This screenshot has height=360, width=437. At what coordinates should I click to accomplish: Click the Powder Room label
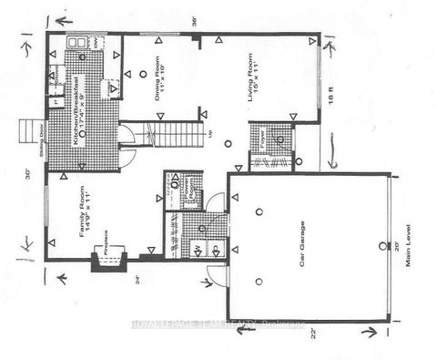[178, 194]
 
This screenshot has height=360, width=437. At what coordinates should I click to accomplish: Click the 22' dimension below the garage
[312, 332]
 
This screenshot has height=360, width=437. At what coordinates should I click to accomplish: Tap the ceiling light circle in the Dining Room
[144, 72]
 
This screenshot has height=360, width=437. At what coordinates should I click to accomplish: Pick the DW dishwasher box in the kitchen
[98, 43]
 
